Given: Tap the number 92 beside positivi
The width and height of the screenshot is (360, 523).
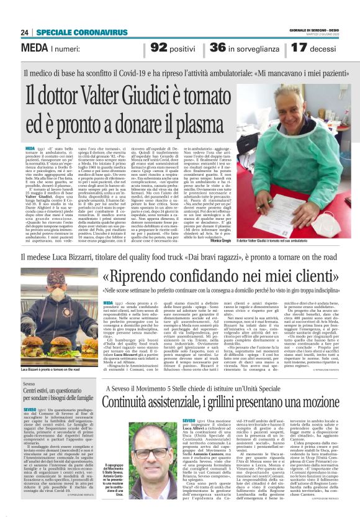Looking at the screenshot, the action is tap(159, 47).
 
